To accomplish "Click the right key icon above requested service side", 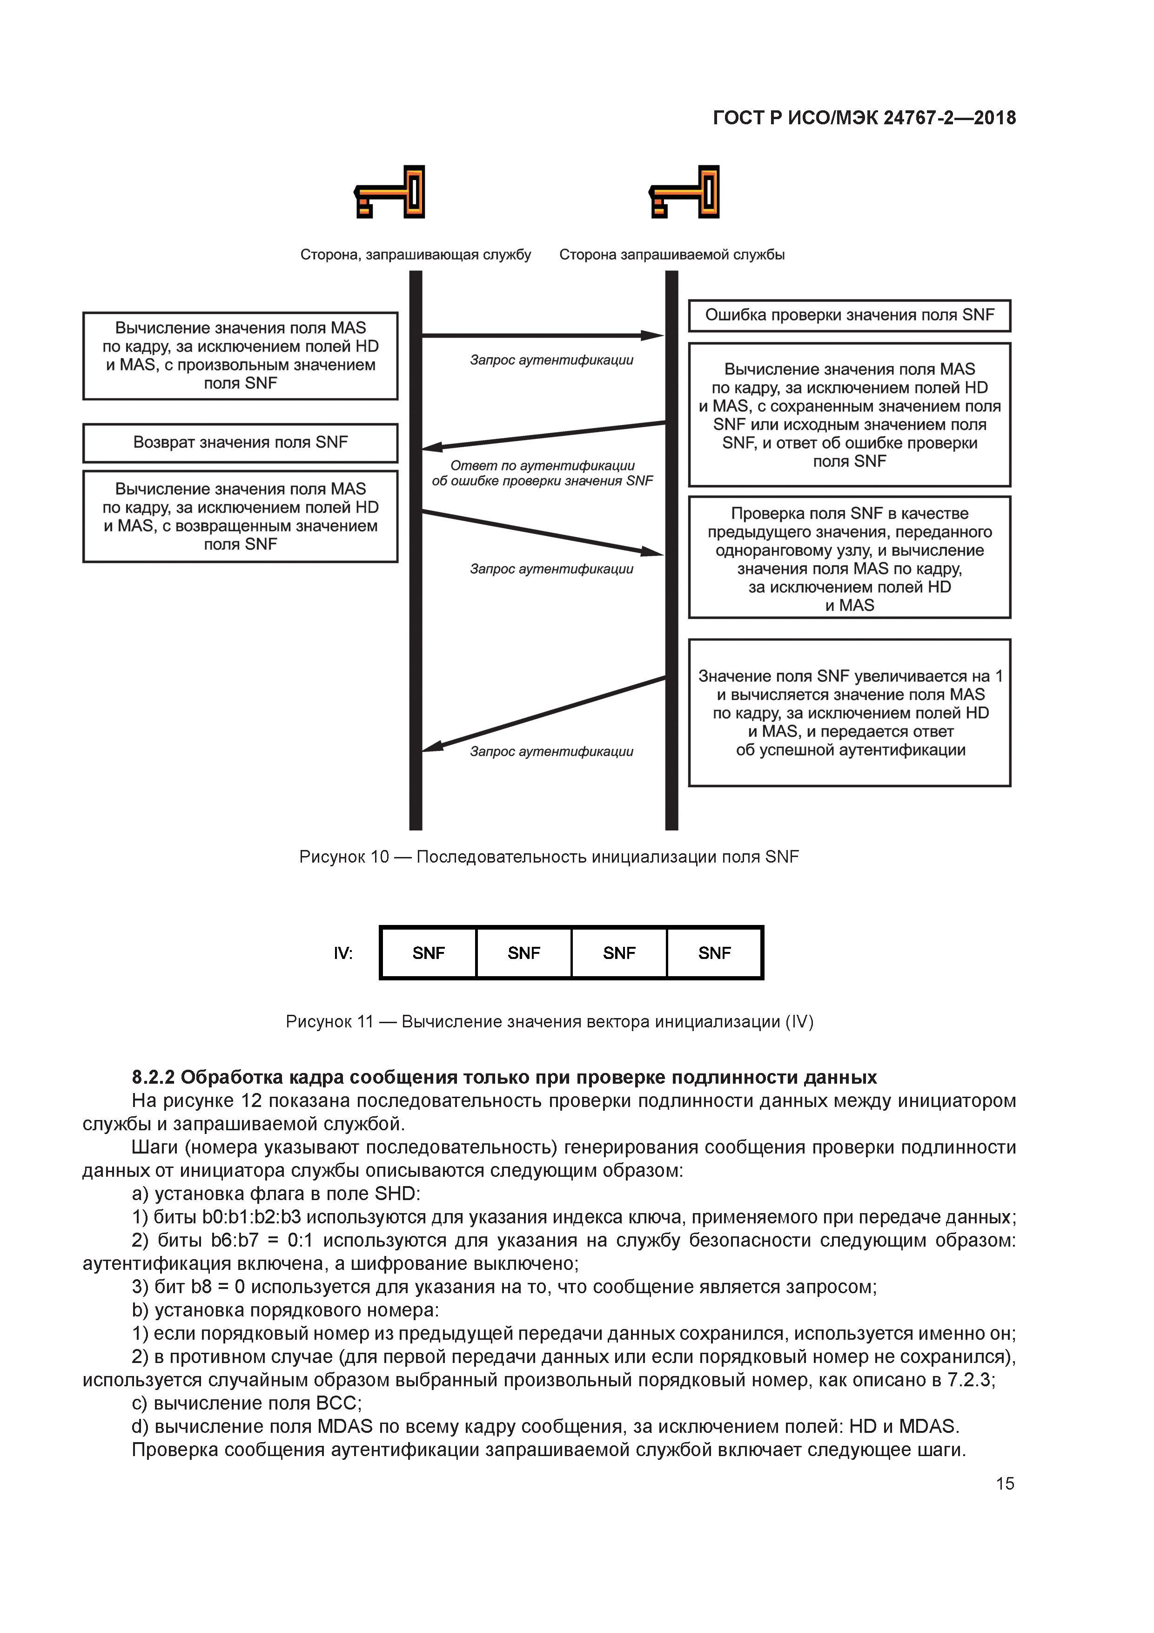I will (684, 192).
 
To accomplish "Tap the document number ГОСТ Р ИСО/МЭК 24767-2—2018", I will (864, 118).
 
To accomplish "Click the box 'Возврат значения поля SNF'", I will (240, 442).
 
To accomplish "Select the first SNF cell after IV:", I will (429, 953).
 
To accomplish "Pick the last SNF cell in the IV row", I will (715, 953).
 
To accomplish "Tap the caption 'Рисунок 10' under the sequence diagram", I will (344, 857).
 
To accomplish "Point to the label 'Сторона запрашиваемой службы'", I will (672, 255).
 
